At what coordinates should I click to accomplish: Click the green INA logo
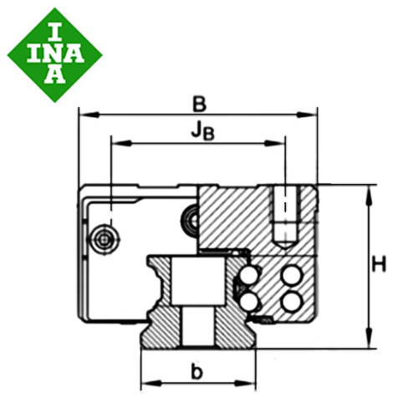(54, 54)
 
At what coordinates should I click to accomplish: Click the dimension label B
(199, 104)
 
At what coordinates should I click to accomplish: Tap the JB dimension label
(203, 132)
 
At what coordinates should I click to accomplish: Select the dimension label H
(380, 264)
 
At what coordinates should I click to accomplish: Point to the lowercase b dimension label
(197, 371)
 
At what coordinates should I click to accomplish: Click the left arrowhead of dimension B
(89, 115)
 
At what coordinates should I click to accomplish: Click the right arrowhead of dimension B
(307, 115)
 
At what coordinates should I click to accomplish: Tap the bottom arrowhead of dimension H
(369, 338)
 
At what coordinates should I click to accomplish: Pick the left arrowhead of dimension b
(151, 383)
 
